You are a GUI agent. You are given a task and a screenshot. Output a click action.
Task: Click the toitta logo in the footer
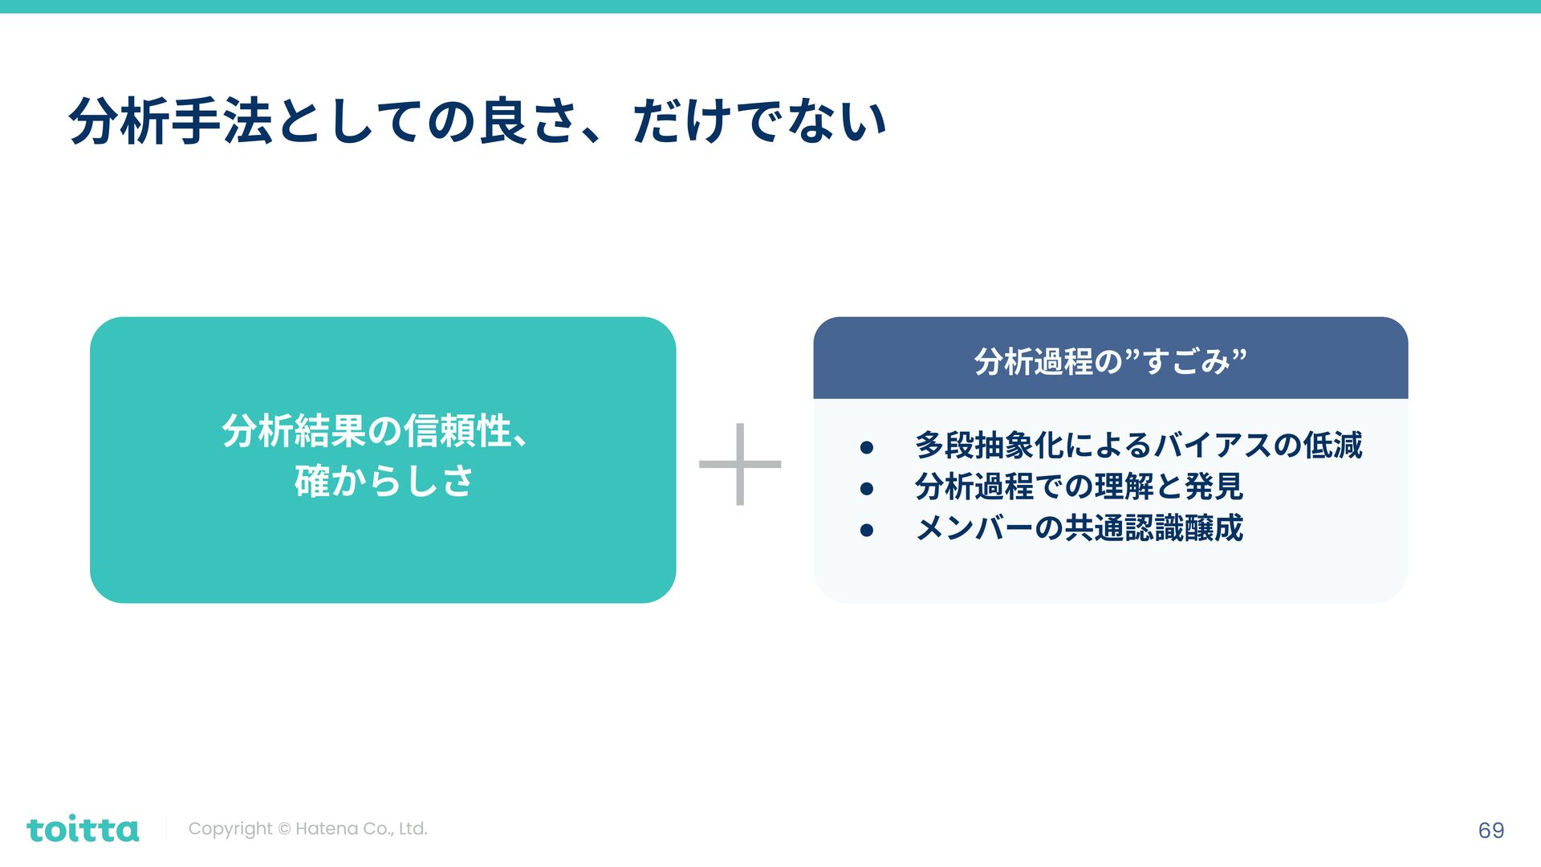(83, 829)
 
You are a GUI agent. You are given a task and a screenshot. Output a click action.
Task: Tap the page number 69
(1490, 830)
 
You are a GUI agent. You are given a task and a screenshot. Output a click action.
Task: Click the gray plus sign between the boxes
(740, 464)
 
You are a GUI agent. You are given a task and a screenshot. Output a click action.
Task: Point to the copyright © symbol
(284, 829)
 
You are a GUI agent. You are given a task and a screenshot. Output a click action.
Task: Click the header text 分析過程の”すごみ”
(1110, 361)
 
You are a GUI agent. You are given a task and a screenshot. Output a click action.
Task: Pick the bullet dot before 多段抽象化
(866, 447)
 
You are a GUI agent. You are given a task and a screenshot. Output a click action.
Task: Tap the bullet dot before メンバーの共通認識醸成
(866, 530)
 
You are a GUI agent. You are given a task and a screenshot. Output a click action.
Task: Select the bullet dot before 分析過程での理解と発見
(866, 488)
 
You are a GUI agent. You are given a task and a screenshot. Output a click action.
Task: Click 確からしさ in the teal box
(384, 481)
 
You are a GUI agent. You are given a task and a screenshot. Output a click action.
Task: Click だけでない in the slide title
(759, 122)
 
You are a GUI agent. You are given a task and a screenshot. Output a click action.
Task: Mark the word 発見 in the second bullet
(1214, 486)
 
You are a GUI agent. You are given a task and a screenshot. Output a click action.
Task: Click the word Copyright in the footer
(230, 828)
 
